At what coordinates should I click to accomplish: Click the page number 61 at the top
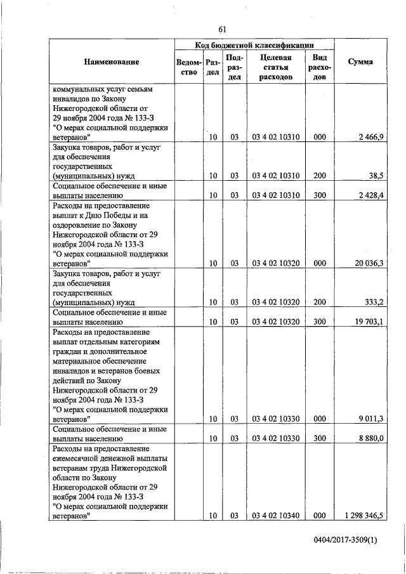click(221, 29)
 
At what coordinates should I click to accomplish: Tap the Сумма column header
click(360, 62)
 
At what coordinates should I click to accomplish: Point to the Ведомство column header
click(189, 67)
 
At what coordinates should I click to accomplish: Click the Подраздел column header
click(235, 67)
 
